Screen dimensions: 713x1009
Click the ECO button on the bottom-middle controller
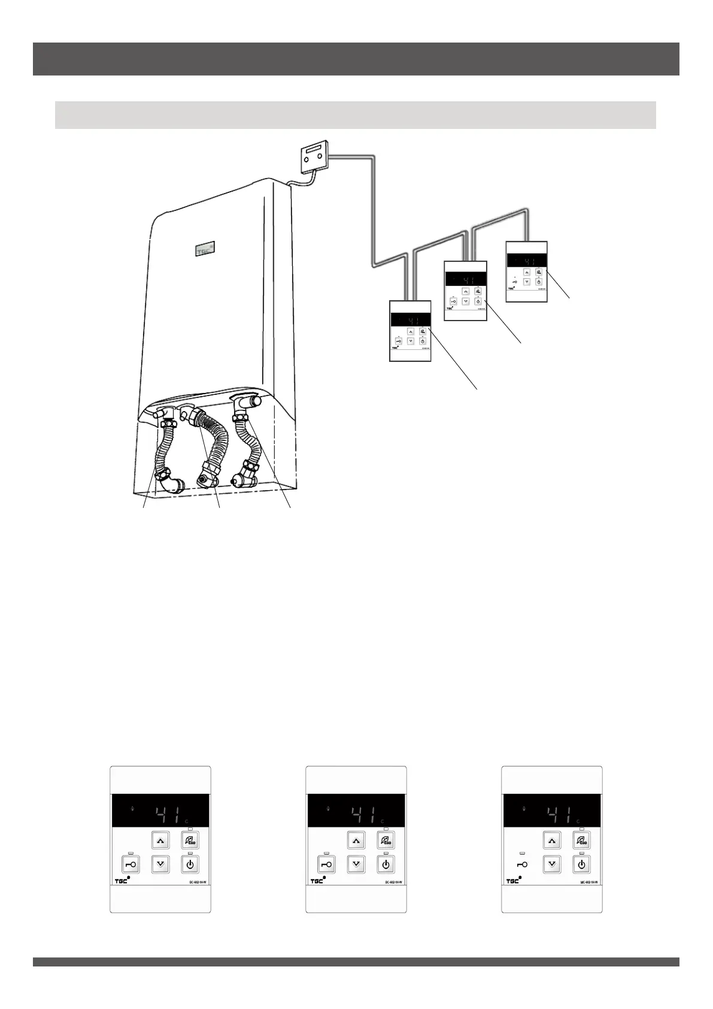click(386, 840)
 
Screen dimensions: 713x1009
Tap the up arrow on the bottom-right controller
click(552, 840)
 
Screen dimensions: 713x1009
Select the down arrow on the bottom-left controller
click(160, 864)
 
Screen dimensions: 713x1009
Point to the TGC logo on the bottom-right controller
click(514, 881)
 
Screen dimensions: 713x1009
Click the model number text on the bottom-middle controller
click(393, 882)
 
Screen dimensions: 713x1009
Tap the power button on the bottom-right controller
click(581, 865)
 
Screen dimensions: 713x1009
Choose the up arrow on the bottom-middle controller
click(356, 840)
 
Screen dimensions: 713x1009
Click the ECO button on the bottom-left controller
click(190, 840)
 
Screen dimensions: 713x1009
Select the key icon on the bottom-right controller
click(522, 865)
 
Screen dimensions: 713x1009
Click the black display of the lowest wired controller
click(410, 320)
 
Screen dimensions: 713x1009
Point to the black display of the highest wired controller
click(526, 261)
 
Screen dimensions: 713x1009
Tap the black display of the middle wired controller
click(465, 280)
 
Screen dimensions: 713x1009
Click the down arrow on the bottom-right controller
click(552, 865)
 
